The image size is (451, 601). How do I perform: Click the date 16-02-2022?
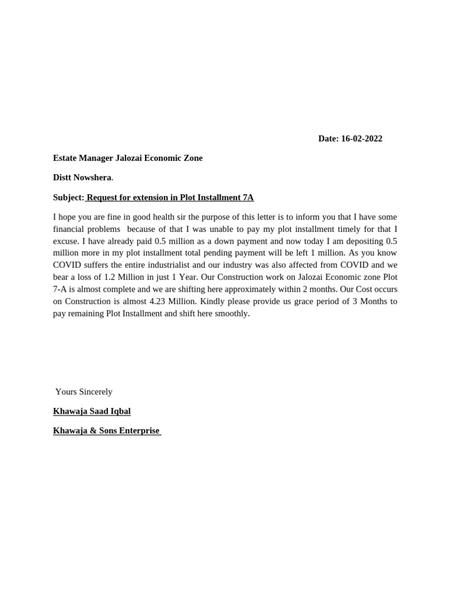pos(361,139)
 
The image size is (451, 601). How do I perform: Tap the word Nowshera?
pos(92,177)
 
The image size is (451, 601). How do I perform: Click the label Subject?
pos(69,198)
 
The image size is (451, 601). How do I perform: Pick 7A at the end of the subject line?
pos(248,198)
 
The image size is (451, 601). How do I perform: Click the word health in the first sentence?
pos(166,217)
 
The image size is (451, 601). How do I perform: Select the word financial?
pos(69,229)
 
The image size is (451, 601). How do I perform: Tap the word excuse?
pos(65,241)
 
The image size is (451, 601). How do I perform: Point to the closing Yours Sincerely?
pos(84,391)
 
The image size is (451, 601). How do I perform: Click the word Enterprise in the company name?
pos(139,431)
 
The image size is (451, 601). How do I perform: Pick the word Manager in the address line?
pos(99,158)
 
